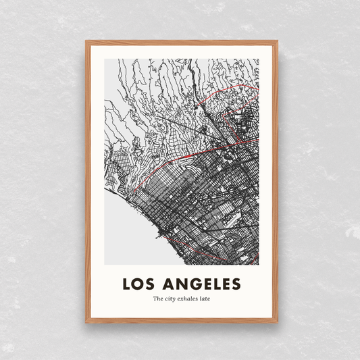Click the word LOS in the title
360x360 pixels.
pyautogui.click(x=139, y=282)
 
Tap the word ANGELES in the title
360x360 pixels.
pyautogui.click(x=202, y=282)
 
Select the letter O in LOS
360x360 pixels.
pyautogui.click(x=139, y=282)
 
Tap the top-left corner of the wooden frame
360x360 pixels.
pyautogui.click(x=86, y=42)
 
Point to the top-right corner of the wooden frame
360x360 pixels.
pyautogui.click(x=277, y=42)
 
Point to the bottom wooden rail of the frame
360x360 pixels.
pyautogui.click(x=182, y=321)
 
